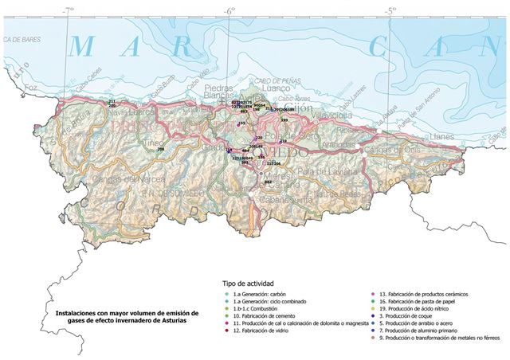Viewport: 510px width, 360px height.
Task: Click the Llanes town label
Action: [x=442, y=137]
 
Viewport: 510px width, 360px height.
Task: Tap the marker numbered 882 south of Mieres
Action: [x=268, y=182]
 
